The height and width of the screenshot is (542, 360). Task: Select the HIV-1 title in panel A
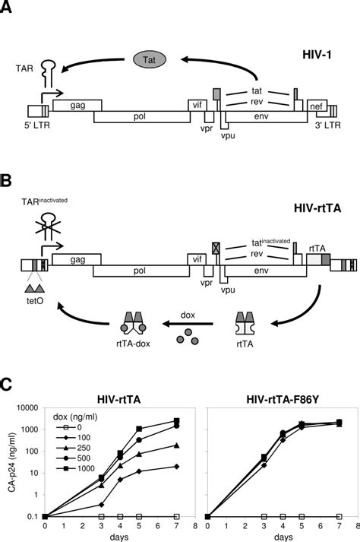coord(319,59)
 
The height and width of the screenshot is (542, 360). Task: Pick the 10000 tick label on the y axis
coord(31,408)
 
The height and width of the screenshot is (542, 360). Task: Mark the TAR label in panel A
coord(23,67)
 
